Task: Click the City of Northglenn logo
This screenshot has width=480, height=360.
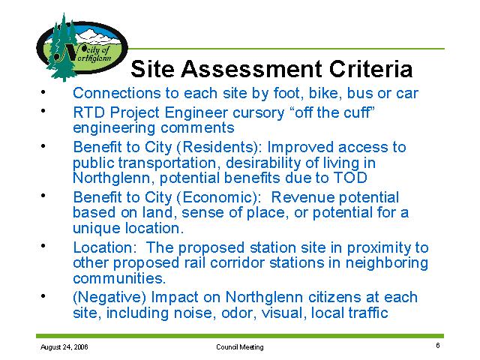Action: [x=82, y=48]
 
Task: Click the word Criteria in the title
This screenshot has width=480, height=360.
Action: [x=370, y=68]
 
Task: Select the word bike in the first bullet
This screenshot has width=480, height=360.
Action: [x=325, y=93]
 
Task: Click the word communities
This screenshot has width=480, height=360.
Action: [x=119, y=278]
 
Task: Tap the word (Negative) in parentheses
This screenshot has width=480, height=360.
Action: [x=109, y=298]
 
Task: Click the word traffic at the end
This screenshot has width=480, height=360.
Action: [x=370, y=313]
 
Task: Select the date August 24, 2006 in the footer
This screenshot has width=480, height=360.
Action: [x=64, y=346]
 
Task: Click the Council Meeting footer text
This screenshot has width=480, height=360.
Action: [x=240, y=347]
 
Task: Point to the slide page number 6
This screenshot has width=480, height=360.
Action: [x=438, y=346]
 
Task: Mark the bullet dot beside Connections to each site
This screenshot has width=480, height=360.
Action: [x=43, y=91]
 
